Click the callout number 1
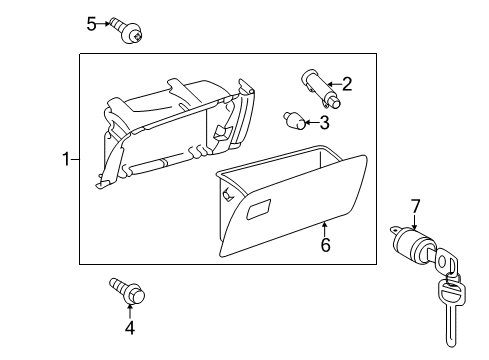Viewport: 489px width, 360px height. tap(66, 159)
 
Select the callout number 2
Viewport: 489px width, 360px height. tap(347, 84)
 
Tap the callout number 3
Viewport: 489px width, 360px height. tap(324, 122)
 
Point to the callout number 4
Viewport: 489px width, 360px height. tap(130, 328)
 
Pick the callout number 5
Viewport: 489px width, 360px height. tap(91, 24)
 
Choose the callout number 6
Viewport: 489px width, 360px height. tap(325, 245)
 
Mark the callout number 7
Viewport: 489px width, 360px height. tap(415, 206)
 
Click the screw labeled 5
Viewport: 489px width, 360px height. tap(129, 30)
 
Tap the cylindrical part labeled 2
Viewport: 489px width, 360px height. tap(321, 88)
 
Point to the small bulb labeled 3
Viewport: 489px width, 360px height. tap(295, 121)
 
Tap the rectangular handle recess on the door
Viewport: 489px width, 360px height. tap(258, 209)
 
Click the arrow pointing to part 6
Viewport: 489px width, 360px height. tap(324, 229)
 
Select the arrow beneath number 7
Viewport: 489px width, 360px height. tap(414, 222)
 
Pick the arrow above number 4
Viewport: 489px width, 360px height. tap(130, 311)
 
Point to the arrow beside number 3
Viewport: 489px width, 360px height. tap(312, 122)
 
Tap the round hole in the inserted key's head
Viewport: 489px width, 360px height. tap(442, 261)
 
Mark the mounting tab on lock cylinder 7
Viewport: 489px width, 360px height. tap(395, 230)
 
